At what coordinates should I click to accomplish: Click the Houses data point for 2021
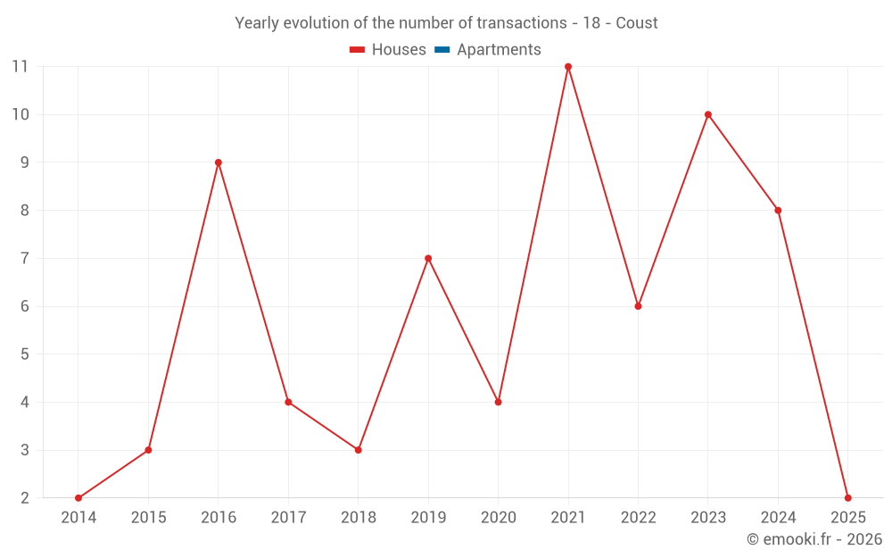[568, 67]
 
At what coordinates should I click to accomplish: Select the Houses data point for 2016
[219, 162]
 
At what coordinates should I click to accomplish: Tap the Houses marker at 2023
[708, 114]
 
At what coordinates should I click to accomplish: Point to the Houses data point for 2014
[78, 498]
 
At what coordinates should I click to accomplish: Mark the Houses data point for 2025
[847, 498]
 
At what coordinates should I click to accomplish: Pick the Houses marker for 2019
[428, 258]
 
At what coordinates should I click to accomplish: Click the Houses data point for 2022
[638, 306]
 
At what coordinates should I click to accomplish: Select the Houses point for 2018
[359, 450]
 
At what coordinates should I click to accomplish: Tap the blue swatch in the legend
[442, 50]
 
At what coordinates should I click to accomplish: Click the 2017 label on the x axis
[288, 518]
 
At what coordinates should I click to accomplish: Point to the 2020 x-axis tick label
[498, 518]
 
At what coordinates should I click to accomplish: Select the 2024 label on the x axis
[778, 518]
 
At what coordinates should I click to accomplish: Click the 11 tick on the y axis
[20, 67]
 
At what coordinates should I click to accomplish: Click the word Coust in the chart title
[637, 23]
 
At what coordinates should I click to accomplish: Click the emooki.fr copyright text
[814, 539]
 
